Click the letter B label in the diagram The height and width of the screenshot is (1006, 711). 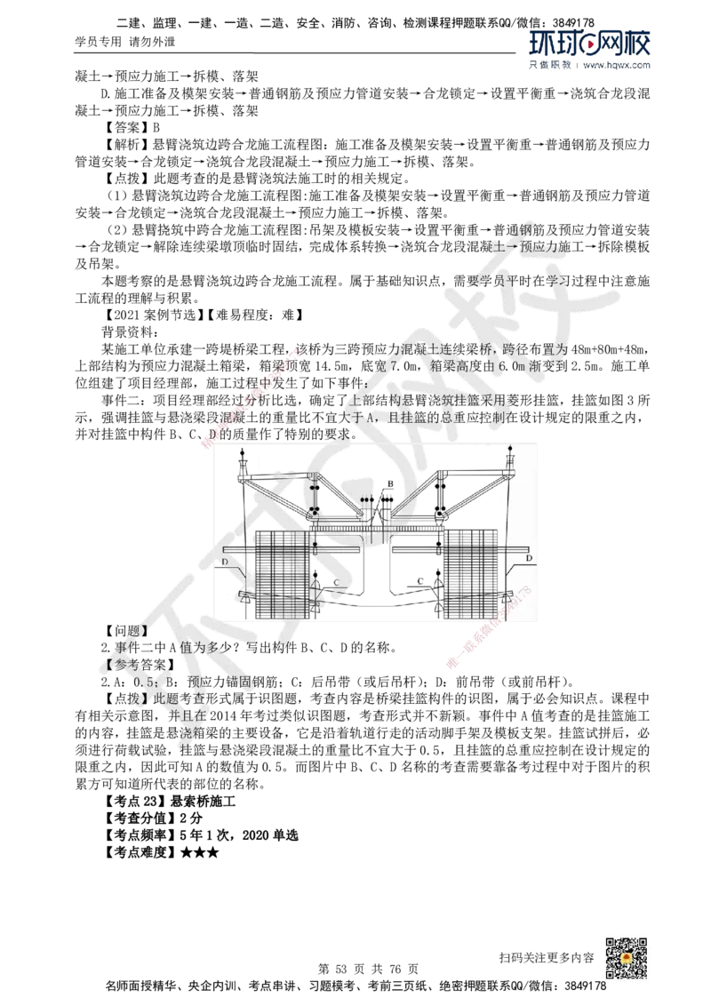tap(389, 483)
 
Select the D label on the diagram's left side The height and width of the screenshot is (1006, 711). tap(226, 562)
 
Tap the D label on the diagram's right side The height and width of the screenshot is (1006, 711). tap(529, 558)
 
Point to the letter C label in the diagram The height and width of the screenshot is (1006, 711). tap(337, 582)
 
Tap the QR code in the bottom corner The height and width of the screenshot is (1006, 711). tap(625, 960)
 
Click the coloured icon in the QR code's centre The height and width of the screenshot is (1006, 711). tap(625, 960)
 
